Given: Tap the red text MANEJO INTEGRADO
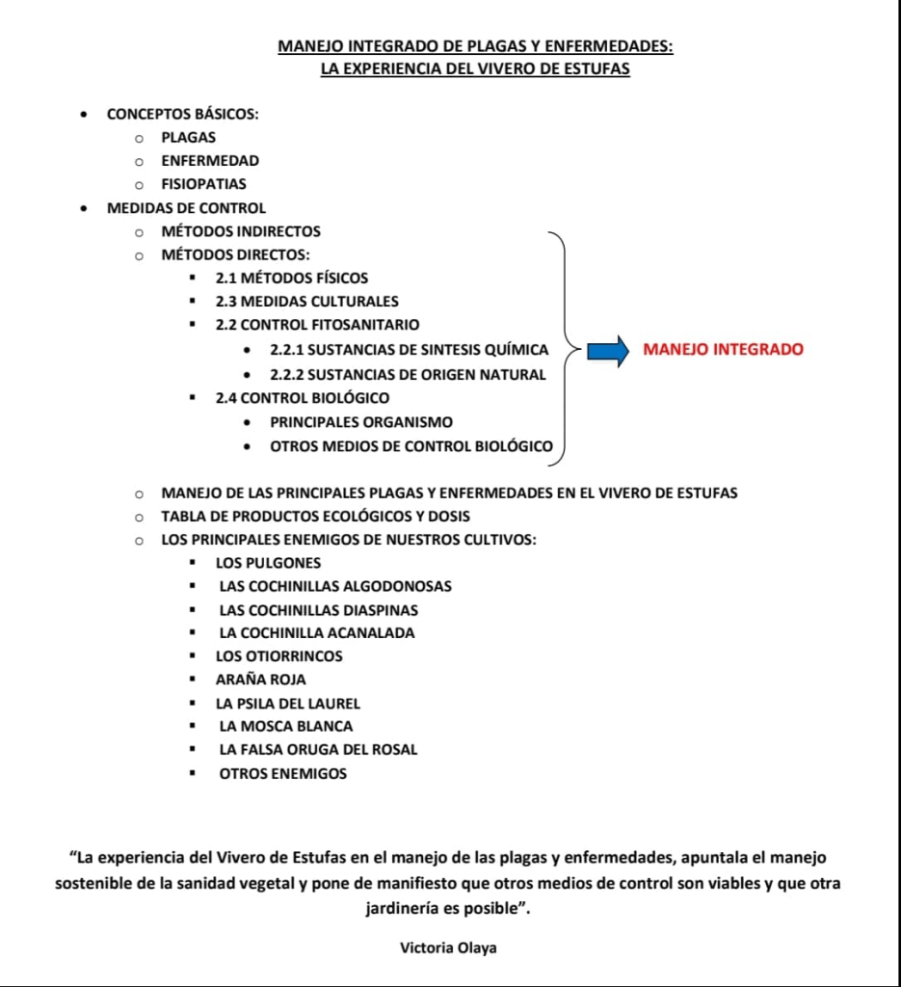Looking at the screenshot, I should [x=723, y=349].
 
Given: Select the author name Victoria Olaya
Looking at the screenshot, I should [x=448, y=947].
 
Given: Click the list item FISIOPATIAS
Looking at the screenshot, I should [x=203, y=184].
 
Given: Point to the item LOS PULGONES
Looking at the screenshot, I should [x=268, y=563].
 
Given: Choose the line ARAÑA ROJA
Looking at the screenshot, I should [x=260, y=680].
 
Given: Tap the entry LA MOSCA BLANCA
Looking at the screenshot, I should [x=286, y=726].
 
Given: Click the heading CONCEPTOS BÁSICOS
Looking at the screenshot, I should [x=182, y=114].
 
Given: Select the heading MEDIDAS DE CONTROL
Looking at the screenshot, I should [x=186, y=208].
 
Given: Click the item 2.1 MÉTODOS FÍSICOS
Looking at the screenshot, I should [x=291, y=278].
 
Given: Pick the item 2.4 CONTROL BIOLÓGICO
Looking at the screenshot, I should [x=302, y=397].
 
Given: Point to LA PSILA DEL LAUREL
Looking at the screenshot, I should [x=287, y=704].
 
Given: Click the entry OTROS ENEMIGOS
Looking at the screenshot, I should [x=282, y=773].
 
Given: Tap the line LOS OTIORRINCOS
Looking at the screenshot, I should [x=278, y=656].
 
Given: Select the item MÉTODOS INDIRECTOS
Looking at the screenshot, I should [x=241, y=231].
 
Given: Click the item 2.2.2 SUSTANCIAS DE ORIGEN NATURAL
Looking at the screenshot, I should [x=408, y=374].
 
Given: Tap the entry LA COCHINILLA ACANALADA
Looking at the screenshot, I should [x=317, y=633].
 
